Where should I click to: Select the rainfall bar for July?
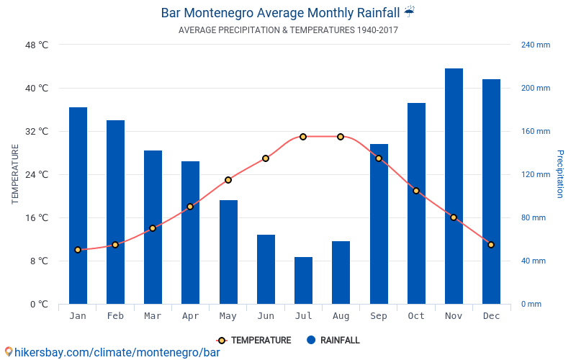(x=303, y=280)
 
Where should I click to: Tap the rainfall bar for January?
(x=78, y=205)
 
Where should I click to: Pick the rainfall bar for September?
(x=379, y=224)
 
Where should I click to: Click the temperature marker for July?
(x=303, y=137)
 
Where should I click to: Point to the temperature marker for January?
(x=78, y=250)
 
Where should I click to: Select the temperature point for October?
(x=416, y=191)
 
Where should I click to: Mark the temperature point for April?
(x=190, y=207)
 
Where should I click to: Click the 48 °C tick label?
(x=37, y=45)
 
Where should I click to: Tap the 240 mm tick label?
(x=535, y=45)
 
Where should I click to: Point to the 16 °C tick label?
(x=37, y=217)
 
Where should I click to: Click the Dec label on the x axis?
(x=491, y=316)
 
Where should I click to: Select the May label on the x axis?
(x=228, y=316)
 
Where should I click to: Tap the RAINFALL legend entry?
(x=333, y=341)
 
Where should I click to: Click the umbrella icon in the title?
(x=409, y=12)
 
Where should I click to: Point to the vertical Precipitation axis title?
(x=559, y=174)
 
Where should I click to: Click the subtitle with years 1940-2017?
(x=288, y=30)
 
